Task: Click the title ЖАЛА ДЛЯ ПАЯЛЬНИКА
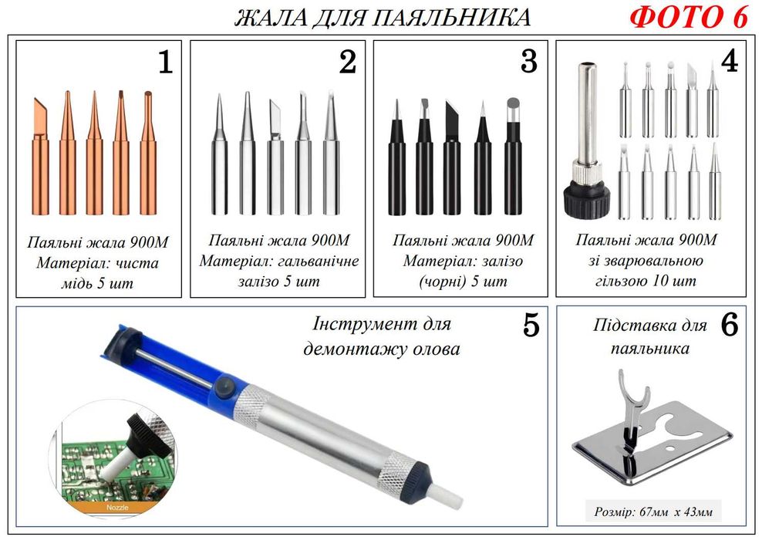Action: click(383, 17)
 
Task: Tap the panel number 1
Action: click(164, 63)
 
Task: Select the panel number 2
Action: click(347, 63)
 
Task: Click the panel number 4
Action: click(730, 62)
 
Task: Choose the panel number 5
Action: click(531, 326)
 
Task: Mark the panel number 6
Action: click(730, 326)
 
